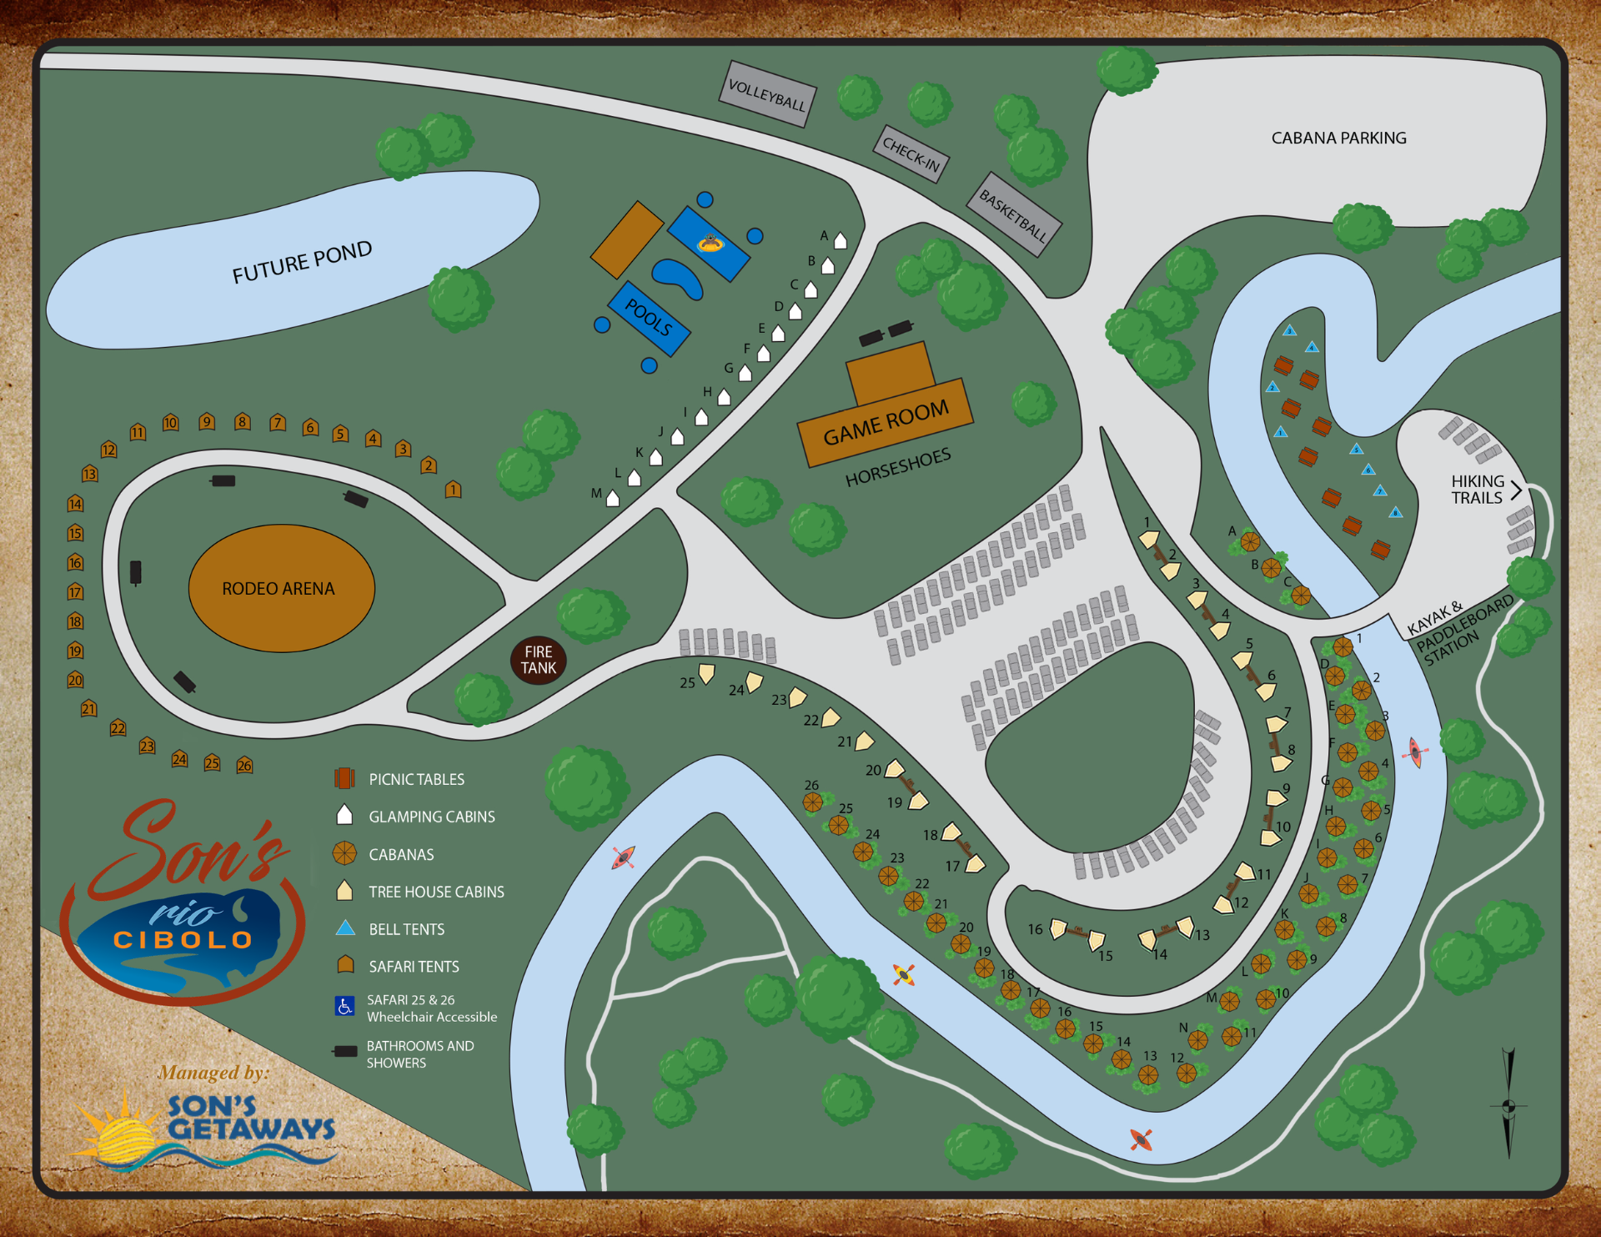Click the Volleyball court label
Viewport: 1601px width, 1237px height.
coord(766,94)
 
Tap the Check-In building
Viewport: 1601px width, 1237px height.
coord(911,154)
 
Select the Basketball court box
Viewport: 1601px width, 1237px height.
coord(1013,214)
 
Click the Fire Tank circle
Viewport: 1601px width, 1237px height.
coord(539,660)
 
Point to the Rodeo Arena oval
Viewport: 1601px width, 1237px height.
coord(281,588)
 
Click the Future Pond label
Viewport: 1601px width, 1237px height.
coord(302,262)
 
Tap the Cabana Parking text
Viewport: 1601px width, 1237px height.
coord(1338,138)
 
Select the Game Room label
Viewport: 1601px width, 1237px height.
coord(886,423)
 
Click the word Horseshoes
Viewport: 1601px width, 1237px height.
coord(898,467)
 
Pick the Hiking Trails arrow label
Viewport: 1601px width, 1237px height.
coord(1485,490)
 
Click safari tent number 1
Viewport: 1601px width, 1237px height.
coord(453,489)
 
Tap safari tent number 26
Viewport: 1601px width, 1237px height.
coord(244,765)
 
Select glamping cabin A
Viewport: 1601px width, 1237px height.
coord(841,241)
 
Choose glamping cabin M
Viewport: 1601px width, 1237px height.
coord(613,499)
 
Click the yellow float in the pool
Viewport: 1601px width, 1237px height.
coord(710,244)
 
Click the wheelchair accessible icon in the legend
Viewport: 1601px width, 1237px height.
coord(344,1007)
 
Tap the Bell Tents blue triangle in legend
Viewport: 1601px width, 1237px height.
coord(345,928)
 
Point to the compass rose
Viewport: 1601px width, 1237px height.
coord(1508,1106)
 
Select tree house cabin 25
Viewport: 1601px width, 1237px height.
coord(706,672)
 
